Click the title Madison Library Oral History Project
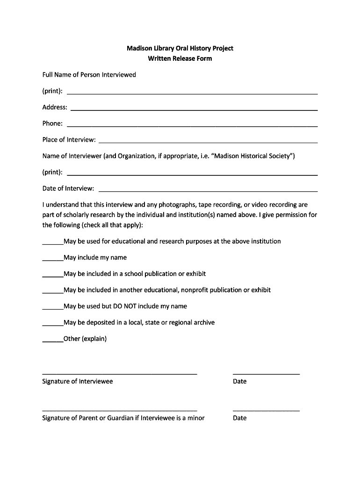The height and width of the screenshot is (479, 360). pyautogui.click(x=180, y=48)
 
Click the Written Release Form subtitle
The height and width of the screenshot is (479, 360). pyautogui.click(x=180, y=58)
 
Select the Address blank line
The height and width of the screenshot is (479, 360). pyautogui.click(x=194, y=109)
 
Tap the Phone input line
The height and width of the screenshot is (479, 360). pyautogui.click(x=192, y=126)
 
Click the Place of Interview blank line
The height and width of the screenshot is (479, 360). pyautogui.click(x=208, y=142)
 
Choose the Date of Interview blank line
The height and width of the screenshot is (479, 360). pyautogui.click(x=208, y=191)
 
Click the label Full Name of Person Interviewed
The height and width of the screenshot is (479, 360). pyautogui.click(x=89, y=75)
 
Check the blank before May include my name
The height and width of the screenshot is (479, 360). pyautogui.click(x=53, y=260)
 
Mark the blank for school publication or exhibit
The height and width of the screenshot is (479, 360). pyautogui.click(x=53, y=276)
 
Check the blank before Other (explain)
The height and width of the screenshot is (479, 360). pyautogui.click(x=53, y=341)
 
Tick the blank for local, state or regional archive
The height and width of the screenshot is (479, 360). pyautogui.click(x=53, y=325)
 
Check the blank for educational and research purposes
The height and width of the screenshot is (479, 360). pyautogui.click(x=53, y=244)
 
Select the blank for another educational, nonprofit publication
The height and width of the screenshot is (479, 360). pyautogui.click(x=53, y=292)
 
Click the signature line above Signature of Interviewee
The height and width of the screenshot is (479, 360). pyautogui.click(x=120, y=374)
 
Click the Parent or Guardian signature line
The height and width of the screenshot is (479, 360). pyautogui.click(x=120, y=410)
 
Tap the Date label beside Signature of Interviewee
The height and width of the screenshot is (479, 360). pyautogui.click(x=239, y=381)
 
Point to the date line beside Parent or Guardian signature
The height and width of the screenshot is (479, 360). pyautogui.click(x=266, y=410)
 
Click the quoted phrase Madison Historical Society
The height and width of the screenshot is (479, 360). pyautogui.click(x=252, y=156)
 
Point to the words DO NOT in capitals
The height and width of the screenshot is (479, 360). pyautogui.click(x=123, y=306)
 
